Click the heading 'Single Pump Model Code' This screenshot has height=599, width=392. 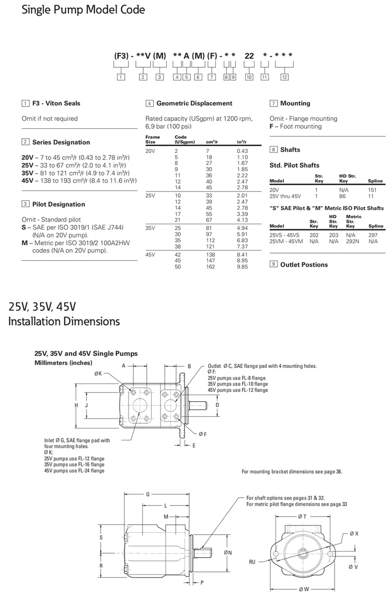click(83, 10)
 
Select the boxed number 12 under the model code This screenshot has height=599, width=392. click(284, 77)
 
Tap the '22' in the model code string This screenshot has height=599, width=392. click(249, 55)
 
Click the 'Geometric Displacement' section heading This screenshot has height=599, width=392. click(194, 103)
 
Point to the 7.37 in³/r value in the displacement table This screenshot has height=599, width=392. click(242, 246)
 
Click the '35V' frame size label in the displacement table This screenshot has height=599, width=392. click(151, 227)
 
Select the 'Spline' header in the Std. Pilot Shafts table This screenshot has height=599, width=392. click(375, 181)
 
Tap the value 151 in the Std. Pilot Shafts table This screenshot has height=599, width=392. click(373, 190)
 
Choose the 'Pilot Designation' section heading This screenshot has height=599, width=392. click(59, 204)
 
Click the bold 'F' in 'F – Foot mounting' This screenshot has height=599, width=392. click(272, 126)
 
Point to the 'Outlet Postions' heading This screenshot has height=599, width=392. click(304, 265)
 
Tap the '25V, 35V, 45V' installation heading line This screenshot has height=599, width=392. click(42, 307)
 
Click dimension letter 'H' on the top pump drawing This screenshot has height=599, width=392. click(76, 405)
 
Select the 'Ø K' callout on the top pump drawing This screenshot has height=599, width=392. click(98, 374)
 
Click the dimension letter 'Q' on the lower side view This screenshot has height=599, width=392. click(148, 493)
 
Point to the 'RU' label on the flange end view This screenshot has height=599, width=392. click(252, 561)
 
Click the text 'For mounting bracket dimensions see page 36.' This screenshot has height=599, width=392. click(292, 472)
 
